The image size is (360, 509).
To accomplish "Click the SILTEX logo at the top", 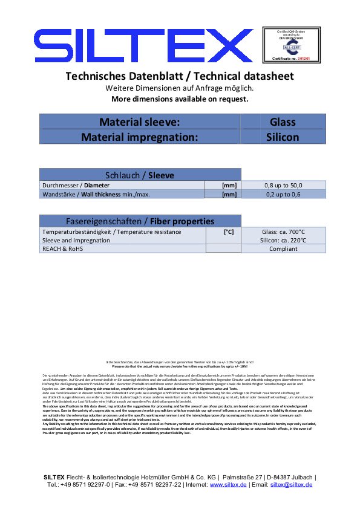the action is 144,46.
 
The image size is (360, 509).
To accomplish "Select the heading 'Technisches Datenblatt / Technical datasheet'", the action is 179,76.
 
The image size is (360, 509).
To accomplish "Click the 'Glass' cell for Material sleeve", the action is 283,122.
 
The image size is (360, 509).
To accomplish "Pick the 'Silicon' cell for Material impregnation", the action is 283,137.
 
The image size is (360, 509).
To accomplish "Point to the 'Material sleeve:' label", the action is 140,122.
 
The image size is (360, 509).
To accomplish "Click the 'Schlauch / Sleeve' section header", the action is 140,175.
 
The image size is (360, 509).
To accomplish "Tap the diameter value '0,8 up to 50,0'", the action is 283,185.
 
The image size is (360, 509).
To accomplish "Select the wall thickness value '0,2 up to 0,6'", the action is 283,194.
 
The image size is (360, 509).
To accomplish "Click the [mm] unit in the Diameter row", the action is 229,185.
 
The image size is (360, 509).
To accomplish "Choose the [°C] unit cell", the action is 229,232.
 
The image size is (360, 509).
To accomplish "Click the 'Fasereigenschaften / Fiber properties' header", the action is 140,221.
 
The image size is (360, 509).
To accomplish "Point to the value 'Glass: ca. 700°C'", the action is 283,232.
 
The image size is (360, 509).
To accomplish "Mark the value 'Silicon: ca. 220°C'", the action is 283,240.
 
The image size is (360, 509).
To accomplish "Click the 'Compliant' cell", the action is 283,248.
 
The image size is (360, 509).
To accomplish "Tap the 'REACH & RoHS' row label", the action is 62,248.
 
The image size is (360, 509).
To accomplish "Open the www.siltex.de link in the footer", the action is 228,485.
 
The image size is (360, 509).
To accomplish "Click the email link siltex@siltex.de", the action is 291,485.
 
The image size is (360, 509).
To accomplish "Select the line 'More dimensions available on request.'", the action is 180,99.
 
